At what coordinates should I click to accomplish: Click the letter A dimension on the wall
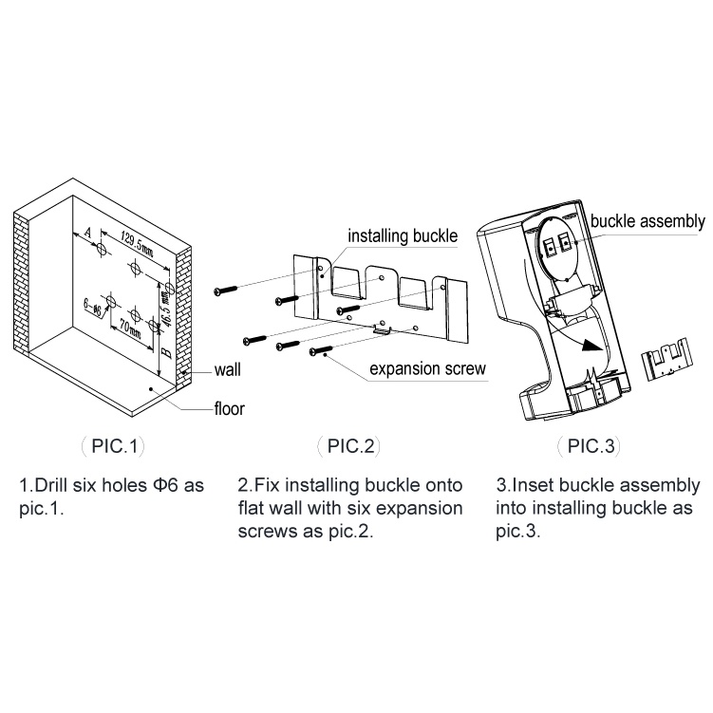pyautogui.click(x=86, y=231)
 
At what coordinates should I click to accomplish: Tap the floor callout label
pyautogui.click(x=229, y=409)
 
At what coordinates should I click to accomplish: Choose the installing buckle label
pyautogui.click(x=403, y=235)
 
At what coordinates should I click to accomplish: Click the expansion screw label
pyautogui.click(x=427, y=369)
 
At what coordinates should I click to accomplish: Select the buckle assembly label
pyautogui.click(x=647, y=222)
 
